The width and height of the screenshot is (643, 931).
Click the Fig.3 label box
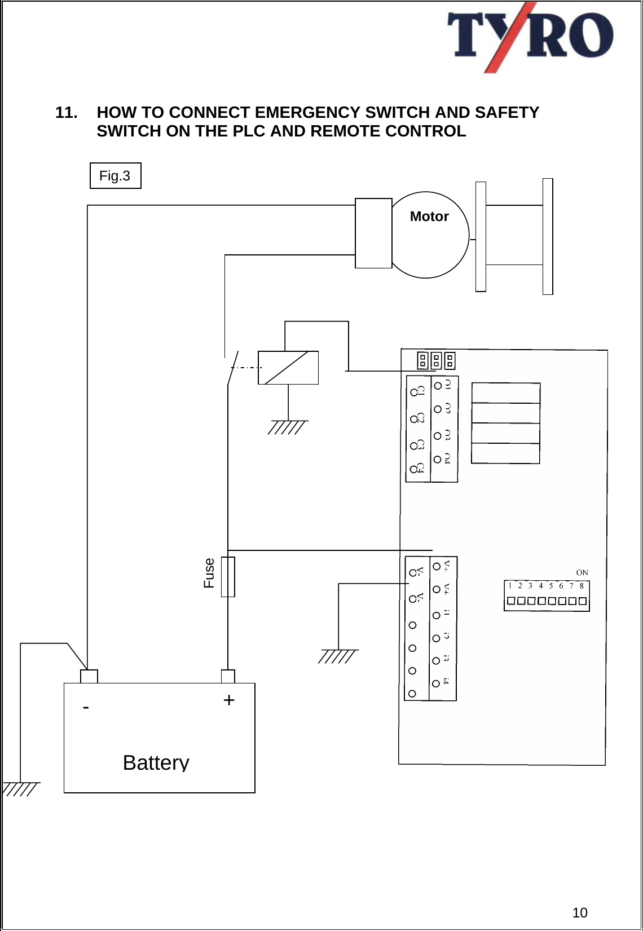115,176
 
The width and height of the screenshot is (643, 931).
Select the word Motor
429,217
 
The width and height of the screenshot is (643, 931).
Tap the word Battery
156,762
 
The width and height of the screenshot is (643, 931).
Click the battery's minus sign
86,707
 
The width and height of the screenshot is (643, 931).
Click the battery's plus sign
228,700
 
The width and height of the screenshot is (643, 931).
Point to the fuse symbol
228,576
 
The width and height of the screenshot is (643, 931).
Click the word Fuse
209,573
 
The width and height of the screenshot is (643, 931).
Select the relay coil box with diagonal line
288,368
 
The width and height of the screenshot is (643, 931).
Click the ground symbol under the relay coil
288,427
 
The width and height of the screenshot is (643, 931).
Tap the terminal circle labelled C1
414,392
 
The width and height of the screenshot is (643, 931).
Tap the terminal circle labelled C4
413,469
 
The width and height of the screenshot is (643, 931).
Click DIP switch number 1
510,601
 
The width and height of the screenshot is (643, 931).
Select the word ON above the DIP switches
582,572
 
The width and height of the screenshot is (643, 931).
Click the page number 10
580,912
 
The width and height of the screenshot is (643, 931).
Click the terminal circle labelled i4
435,683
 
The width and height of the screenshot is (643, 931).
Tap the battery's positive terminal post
228,676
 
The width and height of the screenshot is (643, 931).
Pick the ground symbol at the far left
21,788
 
